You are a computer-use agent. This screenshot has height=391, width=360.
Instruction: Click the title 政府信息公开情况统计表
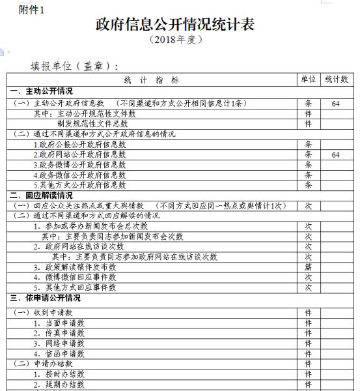coord(175,24)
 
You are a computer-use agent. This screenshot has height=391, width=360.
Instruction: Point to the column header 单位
coord(308,79)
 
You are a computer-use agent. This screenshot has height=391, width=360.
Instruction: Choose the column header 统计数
coord(337,79)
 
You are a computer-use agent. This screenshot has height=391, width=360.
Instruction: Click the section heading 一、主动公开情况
coord(41,91)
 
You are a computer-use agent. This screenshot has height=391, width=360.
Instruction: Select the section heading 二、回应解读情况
coord(41,195)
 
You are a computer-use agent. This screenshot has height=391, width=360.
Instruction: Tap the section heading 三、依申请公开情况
coord(45,298)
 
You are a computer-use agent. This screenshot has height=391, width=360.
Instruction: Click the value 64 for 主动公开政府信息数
coord(335,103)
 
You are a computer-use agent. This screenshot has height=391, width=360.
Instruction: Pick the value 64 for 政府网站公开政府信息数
coord(335,155)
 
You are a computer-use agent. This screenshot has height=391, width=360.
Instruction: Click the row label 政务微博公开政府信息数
coord(79,165)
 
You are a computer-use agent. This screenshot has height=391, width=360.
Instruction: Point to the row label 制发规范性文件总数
coord(92,123)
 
